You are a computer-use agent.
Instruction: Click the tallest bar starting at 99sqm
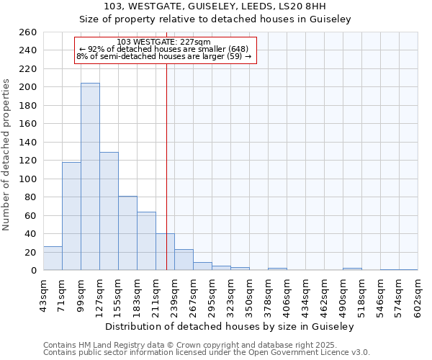tap(90, 176)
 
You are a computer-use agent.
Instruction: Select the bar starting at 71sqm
tap(71, 216)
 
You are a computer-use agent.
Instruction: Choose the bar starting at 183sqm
tap(146, 241)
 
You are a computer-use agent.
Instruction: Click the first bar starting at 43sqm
tap(53, 258)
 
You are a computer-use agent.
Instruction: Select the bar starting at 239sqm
tap(184, 260)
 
